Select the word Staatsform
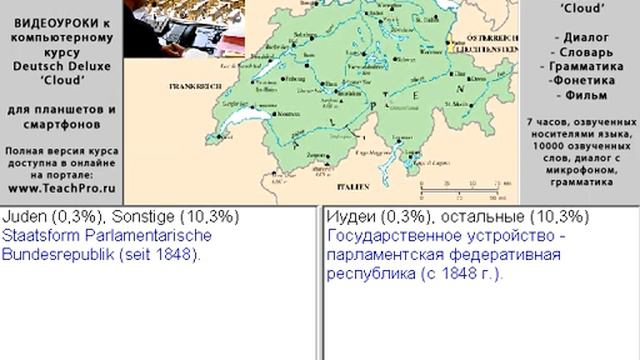[x=41, y=236]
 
